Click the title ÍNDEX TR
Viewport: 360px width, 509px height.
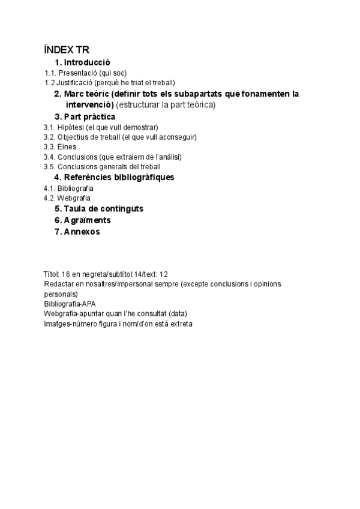coord(67,50)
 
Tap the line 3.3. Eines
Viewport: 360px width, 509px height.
coord(60,146)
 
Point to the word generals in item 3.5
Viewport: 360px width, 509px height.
coord(114,166)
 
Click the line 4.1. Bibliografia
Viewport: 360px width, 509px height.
coord(68,188)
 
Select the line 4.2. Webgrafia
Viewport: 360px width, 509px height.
coord(67,197)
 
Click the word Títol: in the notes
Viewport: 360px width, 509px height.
coord(52,274)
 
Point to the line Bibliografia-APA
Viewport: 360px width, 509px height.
coord(70,304)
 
